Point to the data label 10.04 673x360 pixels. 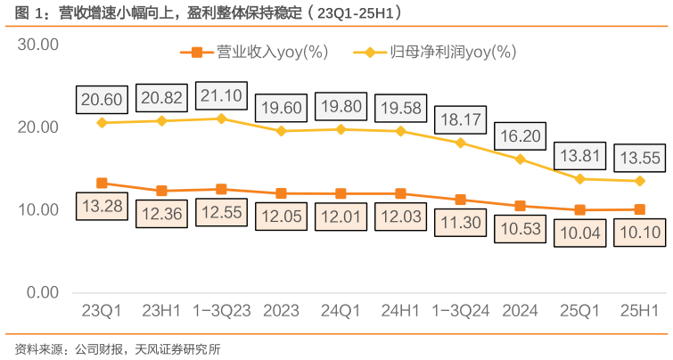point(579,234)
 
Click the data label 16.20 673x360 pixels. point(520,137)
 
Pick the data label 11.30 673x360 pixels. point(460,223)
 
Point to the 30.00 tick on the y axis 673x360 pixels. point(38,45)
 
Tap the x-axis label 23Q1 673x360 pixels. point(102,312)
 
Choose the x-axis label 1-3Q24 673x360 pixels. point(460,312)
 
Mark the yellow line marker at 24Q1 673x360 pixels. point(341,129)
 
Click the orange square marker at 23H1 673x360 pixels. point(161,191)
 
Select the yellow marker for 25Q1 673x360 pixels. point(579,179)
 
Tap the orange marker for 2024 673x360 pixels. point(520,206)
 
